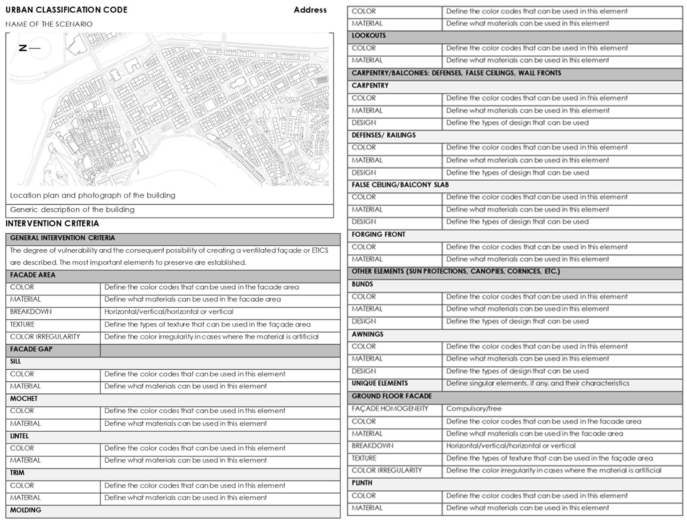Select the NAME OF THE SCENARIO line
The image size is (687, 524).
49,24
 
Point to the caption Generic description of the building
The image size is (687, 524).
72,210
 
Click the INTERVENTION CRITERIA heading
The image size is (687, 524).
52,224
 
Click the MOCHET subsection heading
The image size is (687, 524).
24,399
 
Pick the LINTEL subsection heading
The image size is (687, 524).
19,436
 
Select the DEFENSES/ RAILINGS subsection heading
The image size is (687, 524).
384,135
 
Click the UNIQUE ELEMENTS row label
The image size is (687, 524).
380,383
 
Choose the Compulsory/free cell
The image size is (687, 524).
474,409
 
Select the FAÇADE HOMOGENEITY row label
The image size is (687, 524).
390,409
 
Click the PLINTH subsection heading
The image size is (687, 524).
362,483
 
